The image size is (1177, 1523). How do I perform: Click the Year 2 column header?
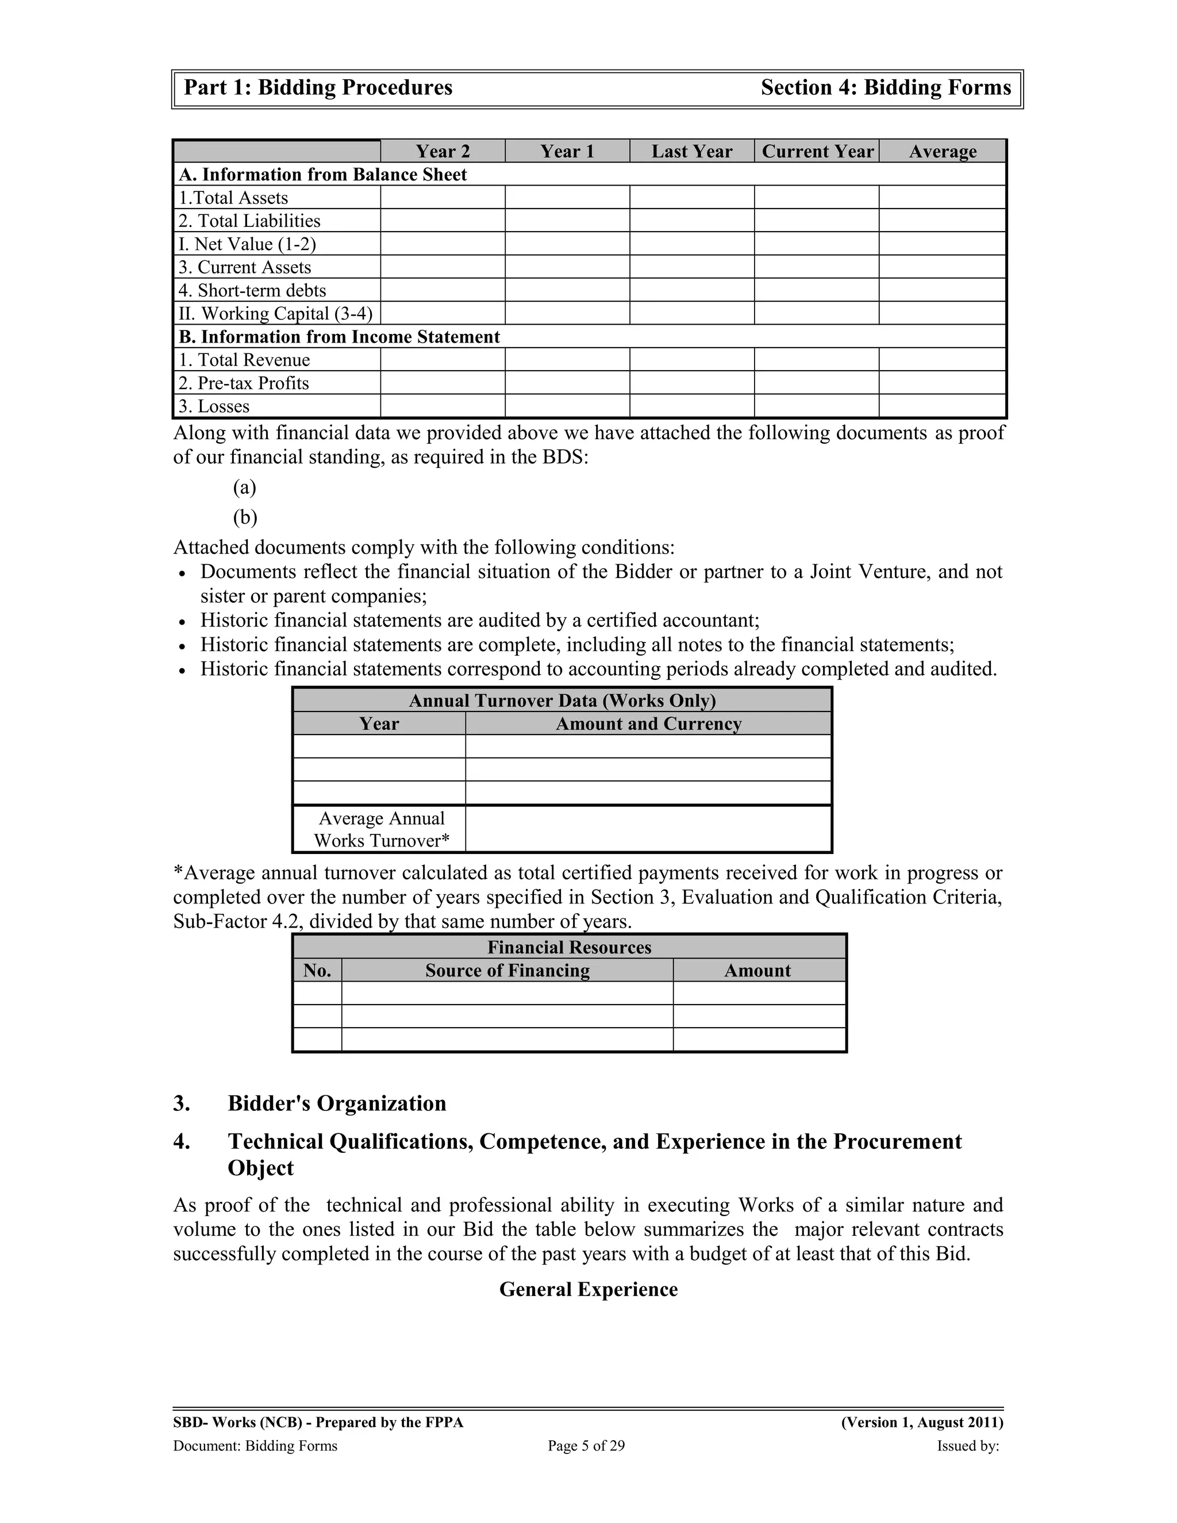pyautogui.click(x=443, y=151)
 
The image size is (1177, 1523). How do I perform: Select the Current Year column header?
pyautogui.click(x=817, y=151)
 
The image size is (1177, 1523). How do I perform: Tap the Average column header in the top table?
pyautogui.click(x=943, y=151)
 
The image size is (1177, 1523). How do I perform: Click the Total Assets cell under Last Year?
pyautogui.click(x=692, y=197)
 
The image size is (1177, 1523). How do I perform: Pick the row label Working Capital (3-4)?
pyautogui.click(x=276, y=313)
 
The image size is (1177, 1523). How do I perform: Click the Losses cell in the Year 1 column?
pyautogui.click(x=567, y=406)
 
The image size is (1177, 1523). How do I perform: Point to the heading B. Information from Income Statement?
pyautogui.click(x=340, y=337)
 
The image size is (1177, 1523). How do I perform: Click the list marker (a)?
pyautogui.click(x=245, y=487)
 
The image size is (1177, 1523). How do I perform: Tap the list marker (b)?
pyautogui.click(x=245, y=517)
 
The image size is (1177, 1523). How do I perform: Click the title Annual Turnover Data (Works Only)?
pyautogui.click(x=562, y=700)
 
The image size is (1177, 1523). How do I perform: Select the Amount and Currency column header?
pyautogui.click(x=648, y=724)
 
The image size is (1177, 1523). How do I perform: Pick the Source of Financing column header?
pyautogui.click(x=507, y=971)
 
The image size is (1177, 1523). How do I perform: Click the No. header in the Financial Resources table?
pyautogui.click(x=317, y=971)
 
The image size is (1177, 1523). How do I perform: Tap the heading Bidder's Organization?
pyautogui.click(x=337, y=1103)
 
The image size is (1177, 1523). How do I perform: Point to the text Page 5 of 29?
pyautogui.click(x=586, y=1445)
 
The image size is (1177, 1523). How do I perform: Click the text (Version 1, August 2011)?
pyautogui.click(x=922, y=1422)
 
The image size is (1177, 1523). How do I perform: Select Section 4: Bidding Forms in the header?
pyautogui.click(x=886, y=88)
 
